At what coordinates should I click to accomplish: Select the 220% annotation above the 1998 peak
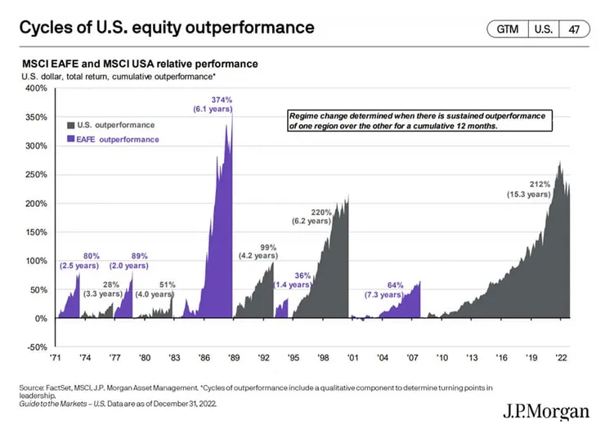(320, 212)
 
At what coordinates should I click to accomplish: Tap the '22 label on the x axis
(561, 356)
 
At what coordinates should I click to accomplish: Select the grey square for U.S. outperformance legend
(69, 125)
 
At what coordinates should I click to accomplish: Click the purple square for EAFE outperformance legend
(69, 140)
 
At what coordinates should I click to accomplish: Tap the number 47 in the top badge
(574, 29)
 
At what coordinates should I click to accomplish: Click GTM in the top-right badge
(507, 29)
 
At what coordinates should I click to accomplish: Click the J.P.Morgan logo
(545, 411)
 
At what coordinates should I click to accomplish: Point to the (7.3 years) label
(382, 294)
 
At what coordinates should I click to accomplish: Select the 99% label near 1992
(269, 247)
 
